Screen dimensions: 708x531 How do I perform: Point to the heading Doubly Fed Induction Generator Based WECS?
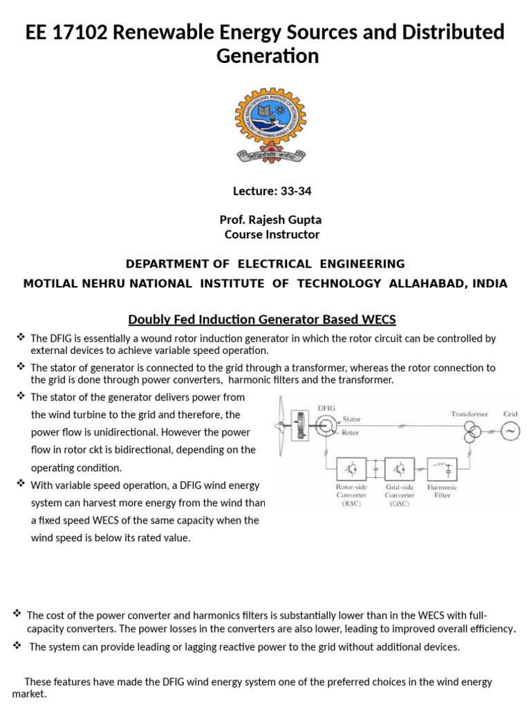click(262, 319)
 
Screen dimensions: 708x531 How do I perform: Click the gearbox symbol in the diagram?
click(299, 424)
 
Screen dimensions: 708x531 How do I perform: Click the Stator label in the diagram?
click(352, 419)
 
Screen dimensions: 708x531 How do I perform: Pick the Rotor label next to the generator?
click(351, 434)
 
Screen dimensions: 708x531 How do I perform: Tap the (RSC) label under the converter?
click(352, 503)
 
